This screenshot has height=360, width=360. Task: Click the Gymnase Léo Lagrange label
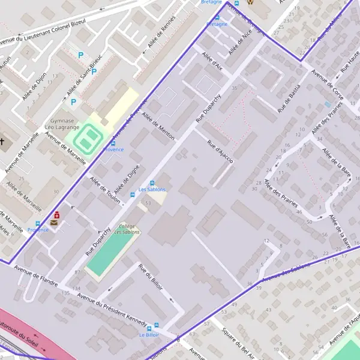point(62,124)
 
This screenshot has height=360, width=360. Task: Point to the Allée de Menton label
point(158,125)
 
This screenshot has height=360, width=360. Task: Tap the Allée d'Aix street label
point(212,61)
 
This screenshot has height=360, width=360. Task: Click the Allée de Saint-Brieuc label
point(85,74)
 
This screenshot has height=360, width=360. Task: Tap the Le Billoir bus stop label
point(149,334)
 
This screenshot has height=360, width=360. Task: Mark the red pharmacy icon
point(56,215)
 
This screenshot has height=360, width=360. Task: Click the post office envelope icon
point(55,223)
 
